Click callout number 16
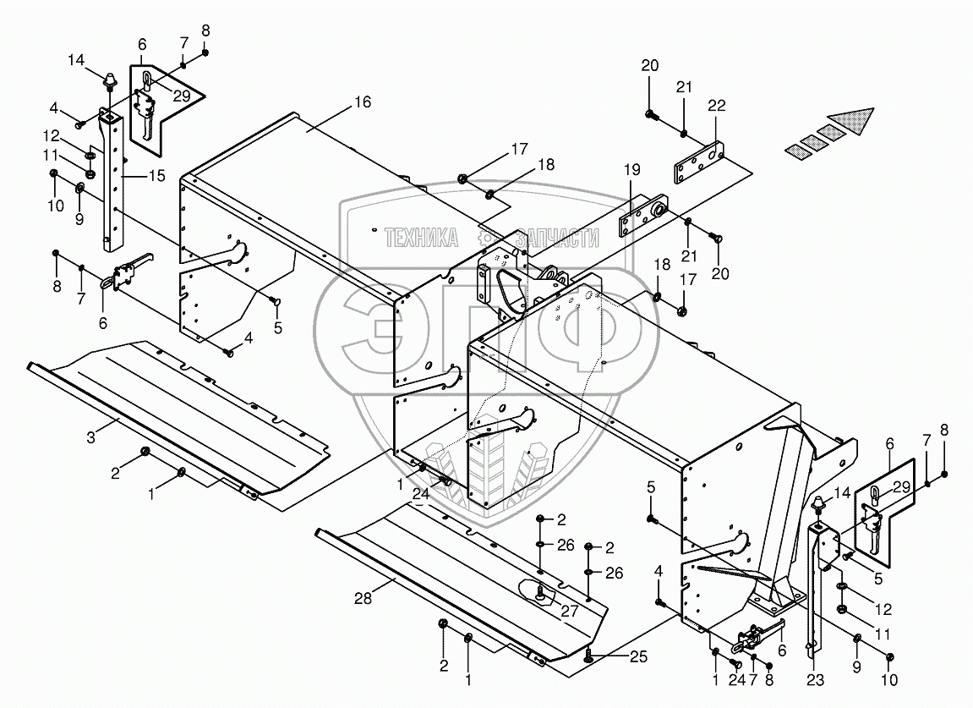(363, 102)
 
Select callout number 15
(157, 176)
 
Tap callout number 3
(91, 437)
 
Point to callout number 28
(363, 598)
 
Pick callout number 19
(631, 169)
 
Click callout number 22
(717, 106)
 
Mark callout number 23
(816, 680)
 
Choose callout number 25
(639, 656)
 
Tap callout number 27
(570, 611)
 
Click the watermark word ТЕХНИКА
(421, 237)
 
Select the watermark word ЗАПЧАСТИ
(558, 237)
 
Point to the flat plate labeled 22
(699, 163)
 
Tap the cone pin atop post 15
(109, 80)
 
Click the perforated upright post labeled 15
(113, 180)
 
